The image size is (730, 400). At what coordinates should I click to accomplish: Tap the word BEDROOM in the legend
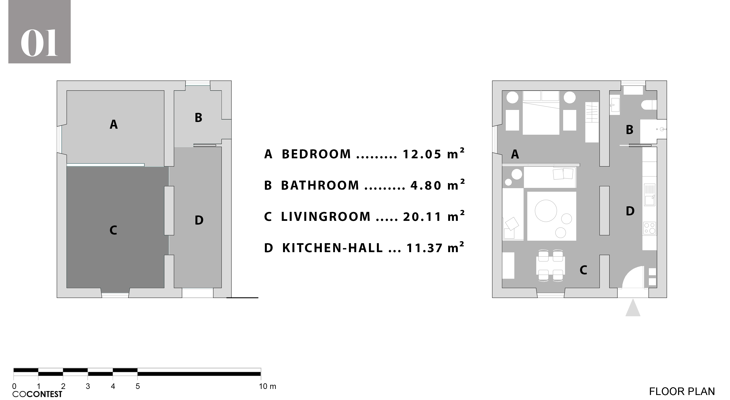coord(316,154)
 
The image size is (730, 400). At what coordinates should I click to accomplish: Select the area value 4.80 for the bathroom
coord(426,186)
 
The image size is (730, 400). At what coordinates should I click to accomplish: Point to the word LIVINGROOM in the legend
coord(326,217)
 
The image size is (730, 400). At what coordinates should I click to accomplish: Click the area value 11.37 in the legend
coord(424,248)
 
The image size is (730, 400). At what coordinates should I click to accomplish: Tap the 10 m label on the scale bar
coord(267,386)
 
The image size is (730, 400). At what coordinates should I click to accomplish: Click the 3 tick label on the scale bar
coord(88,386)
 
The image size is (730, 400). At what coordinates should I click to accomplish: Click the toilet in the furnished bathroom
coord(649,105)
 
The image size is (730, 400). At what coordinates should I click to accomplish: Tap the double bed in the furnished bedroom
coord(541,113)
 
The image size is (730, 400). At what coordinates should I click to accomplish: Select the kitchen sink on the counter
coord(649,195)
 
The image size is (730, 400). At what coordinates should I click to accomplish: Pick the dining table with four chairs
coord(551,265)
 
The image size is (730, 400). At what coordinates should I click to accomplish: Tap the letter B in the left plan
coord(198,118)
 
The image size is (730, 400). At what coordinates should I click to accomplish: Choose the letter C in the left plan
coord(113,230)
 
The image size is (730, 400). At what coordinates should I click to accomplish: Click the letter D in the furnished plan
coord(630,211)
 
